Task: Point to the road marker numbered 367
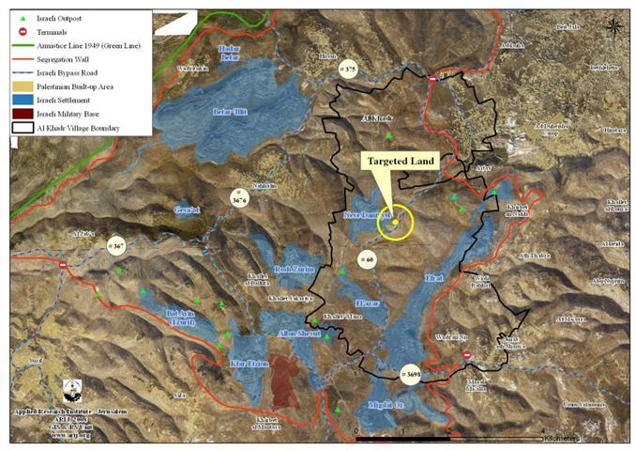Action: (116, 245)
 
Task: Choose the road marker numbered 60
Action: (367, 257)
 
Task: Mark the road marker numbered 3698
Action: (410, 373)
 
